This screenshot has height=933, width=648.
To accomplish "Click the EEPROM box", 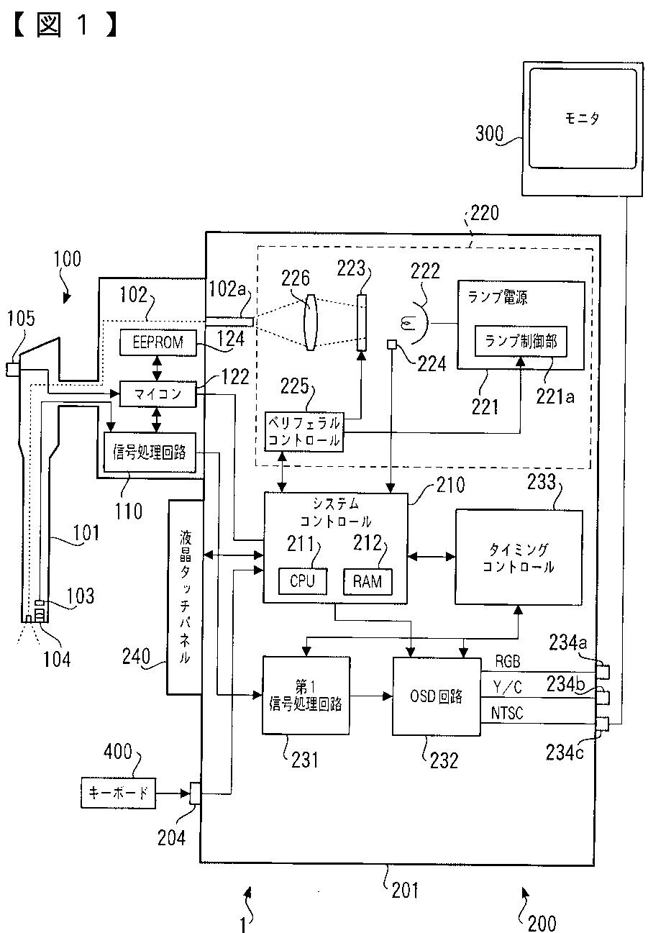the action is click(158, 342).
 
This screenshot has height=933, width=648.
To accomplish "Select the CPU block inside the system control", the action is click(302, 581).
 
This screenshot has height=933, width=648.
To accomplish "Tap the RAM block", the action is click(368, 581).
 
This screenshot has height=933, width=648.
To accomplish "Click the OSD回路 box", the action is click(437, 696).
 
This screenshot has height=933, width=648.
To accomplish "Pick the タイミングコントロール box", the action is click(519, 557).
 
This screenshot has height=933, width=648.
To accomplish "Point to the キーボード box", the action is click(118, 793).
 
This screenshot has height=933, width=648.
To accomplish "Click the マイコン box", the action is click(158, 393).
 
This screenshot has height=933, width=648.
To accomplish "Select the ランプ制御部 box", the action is click(521, 341).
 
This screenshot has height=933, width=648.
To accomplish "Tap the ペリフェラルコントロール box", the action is click(304, 432).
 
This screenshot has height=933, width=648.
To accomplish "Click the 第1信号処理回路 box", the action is click(306, 696).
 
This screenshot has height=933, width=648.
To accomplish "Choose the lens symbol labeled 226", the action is click(310, 322).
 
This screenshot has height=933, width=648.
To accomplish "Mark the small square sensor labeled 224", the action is click(391, 345).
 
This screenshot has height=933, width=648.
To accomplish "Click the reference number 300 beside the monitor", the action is click(489, 134).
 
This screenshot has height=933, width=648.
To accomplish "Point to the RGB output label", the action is click(508, 661).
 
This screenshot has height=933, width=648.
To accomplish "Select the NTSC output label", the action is click(506, 713).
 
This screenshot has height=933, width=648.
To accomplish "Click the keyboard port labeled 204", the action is click(195, 793).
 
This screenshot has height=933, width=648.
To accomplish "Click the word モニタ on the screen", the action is click(582, 119).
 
